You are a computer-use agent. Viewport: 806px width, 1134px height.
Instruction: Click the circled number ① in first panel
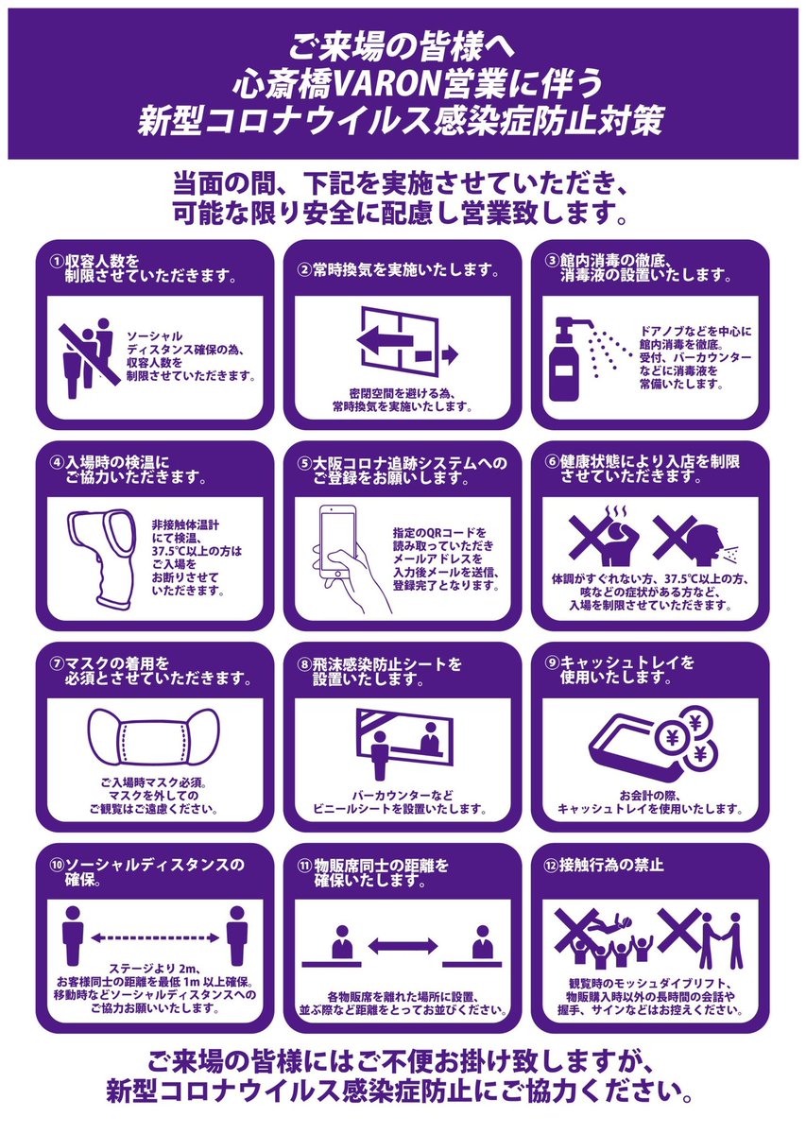point(57,260)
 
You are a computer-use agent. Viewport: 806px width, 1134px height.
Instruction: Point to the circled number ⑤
point(304,463)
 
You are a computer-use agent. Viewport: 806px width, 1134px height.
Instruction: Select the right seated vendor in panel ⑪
point(483,940)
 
